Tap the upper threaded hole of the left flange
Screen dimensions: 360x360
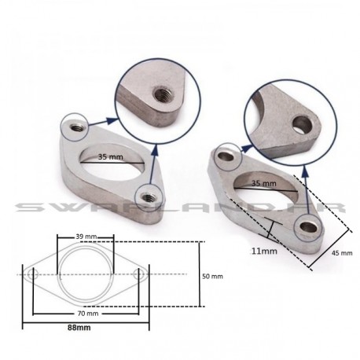point(76,124)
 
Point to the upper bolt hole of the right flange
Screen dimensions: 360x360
point(226,160)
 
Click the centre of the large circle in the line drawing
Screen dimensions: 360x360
point(86,274)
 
